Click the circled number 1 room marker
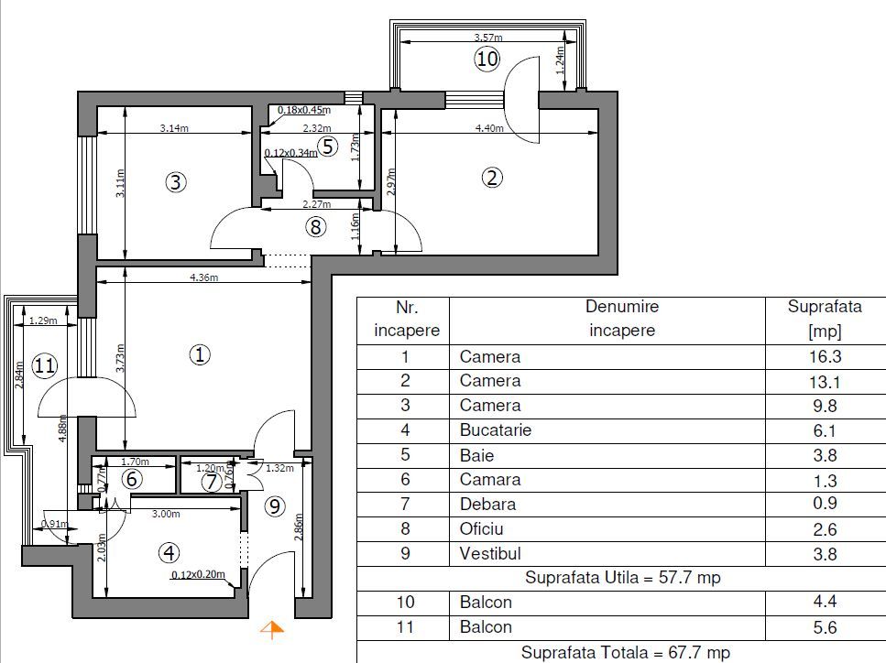tap(199, 354)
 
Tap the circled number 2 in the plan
tap(493, 179)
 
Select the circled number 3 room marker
tap(176, 182)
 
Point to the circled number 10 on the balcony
tap(487, 60)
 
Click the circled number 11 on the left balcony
tap(44, 366)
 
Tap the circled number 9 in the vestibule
tap(274, 506)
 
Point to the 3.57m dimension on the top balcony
tap(488, 38)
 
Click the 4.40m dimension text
tap(489, 128)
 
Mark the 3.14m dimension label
tap(174, 128)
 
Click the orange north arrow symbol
tap(271, 628)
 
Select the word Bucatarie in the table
tap(495, 430)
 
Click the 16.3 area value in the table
tap(824, 357)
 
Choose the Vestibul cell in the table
tap(490, 553)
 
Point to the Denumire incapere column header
tap(622, 319)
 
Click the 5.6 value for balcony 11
tap(824, 627)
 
